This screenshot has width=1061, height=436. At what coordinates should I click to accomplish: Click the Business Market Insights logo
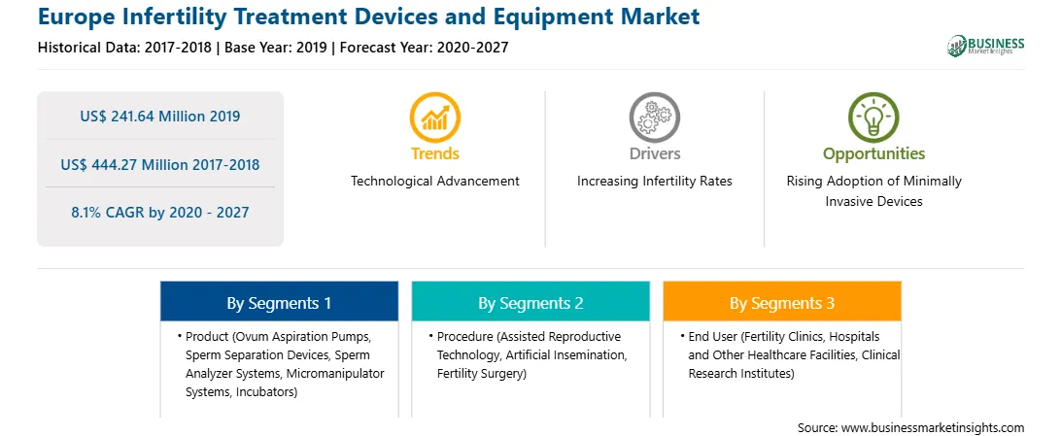pyautogui.click(x=985, y=46)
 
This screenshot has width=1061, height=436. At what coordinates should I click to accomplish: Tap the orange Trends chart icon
pyautogui.click(x=434, y=117)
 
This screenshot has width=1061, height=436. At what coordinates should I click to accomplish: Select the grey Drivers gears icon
pyautogui.click(x=654, y=117)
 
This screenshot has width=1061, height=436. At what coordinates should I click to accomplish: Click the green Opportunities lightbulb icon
pyautogui.click(x=873, y=117)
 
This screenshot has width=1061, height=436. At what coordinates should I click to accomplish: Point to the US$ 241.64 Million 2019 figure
pyautogui.click(x=159, y=117)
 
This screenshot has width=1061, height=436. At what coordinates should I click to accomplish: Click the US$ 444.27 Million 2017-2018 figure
pyautogui.click(x=159, y=164)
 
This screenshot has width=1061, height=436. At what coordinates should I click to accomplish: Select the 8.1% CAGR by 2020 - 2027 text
pyautogui.click(x=159, y=213)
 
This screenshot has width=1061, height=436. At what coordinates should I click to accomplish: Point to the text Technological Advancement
pyautogui.click(x=435, y=182)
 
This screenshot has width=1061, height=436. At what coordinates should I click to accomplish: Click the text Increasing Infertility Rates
pyautogui.click(x=654, y=182)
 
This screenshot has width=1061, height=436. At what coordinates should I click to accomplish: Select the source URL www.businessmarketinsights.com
pyautogui.click(x=934, y=428)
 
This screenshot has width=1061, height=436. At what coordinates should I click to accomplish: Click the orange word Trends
pyautogui.click(x=435, y=154)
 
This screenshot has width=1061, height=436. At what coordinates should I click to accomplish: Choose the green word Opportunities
pyautogui.click(x=873, y=154)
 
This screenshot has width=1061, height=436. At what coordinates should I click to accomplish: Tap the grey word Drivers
pyautogui.click(x=655, y=154)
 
